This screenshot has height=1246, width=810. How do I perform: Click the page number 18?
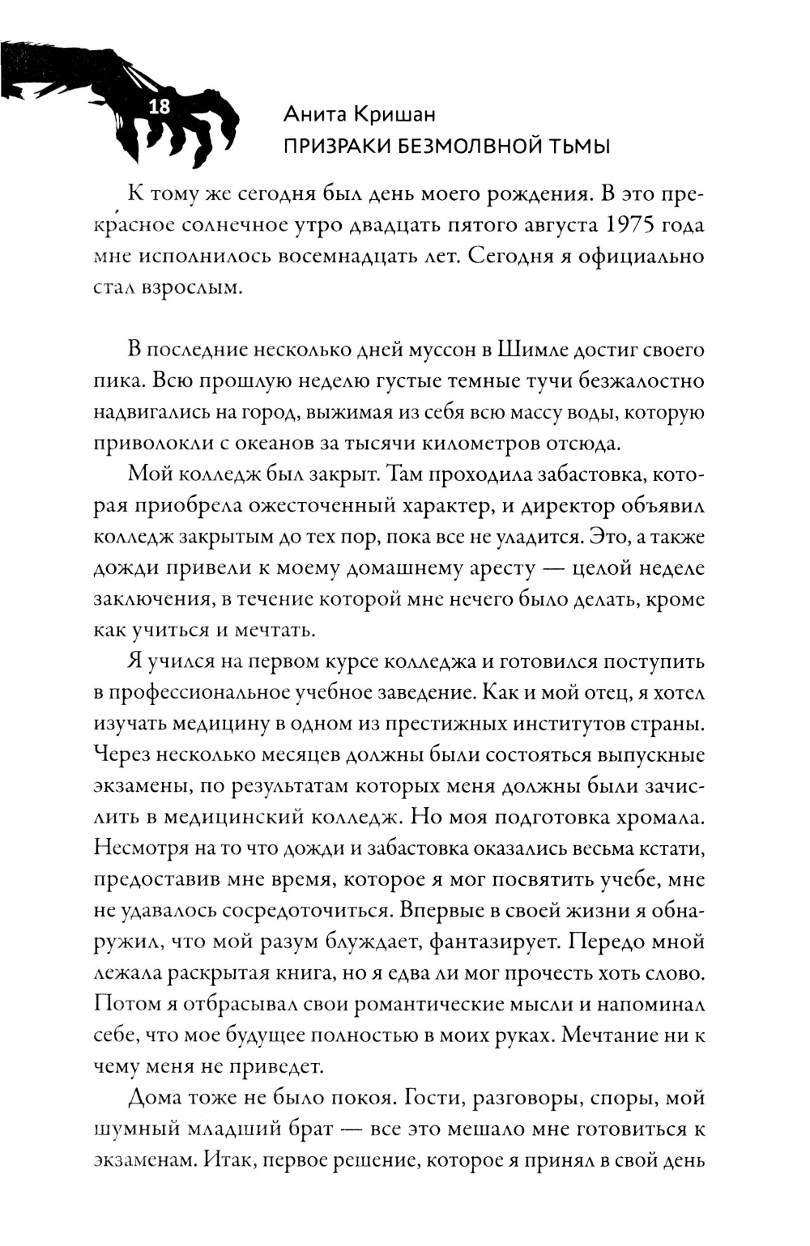tap(160, 106)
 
